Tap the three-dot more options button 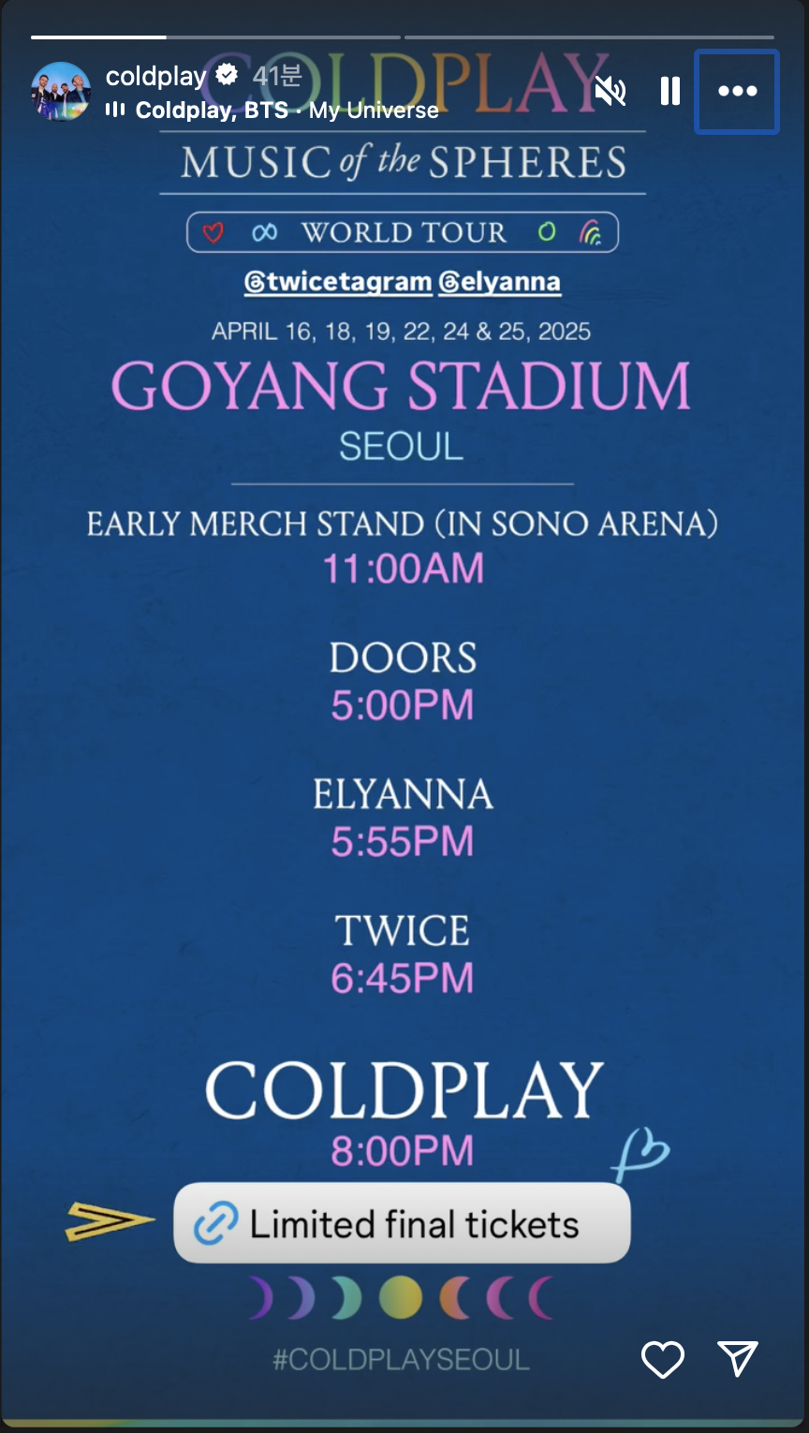coord(737,92)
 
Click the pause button coord(670,91)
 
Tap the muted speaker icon coord(610,91)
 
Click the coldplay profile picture coord(61,92)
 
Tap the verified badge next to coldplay coord(227,75)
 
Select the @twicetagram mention coord(338,282)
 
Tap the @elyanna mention coord(499,282)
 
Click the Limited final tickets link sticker coord(402,1222)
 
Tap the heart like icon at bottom coord(663,1359)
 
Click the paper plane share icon coord(738,1357)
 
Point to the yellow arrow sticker coord(109,1220)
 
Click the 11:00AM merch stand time coord(403,569)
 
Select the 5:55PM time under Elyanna coord(403,841)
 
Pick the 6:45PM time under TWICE coord(403,978)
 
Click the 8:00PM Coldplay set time coord(403,1150)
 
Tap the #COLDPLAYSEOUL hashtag coord(401,1359)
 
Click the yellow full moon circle coord(401,1297)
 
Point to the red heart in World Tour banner coord(213,232)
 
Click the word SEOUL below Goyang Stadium coord(401,446)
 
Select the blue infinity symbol coord(264,231)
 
